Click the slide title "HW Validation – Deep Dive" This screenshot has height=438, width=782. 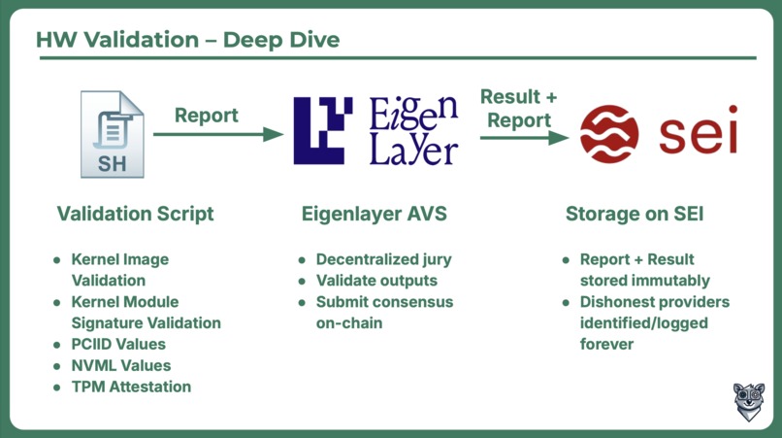(187, 40)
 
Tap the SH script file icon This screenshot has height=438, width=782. (113, 134)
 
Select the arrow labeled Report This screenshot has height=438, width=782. (218, 134)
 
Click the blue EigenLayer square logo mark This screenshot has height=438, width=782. (323, 130)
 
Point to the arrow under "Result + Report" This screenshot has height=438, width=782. (524, 138)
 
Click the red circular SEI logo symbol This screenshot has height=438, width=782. (609, 134)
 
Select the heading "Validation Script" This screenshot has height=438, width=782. (135, 214)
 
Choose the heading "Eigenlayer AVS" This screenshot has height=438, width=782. (375, 214)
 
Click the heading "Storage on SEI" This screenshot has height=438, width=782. (635, 214)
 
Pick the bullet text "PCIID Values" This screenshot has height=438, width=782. (118, 344)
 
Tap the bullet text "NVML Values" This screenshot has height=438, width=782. (121, 365)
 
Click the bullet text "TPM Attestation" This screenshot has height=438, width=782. (131, 387)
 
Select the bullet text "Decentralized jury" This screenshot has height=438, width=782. (383, 259)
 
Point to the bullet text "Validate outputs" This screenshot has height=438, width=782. (376, 281)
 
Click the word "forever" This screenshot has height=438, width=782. (606, 344)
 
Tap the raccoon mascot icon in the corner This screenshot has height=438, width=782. (749, 401)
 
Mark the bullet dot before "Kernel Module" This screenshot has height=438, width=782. (57, 302)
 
